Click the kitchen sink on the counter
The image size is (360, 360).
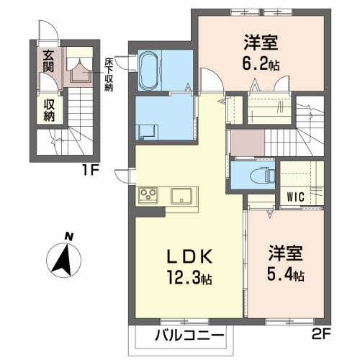(181, 194)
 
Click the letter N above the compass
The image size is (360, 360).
(67, 235)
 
